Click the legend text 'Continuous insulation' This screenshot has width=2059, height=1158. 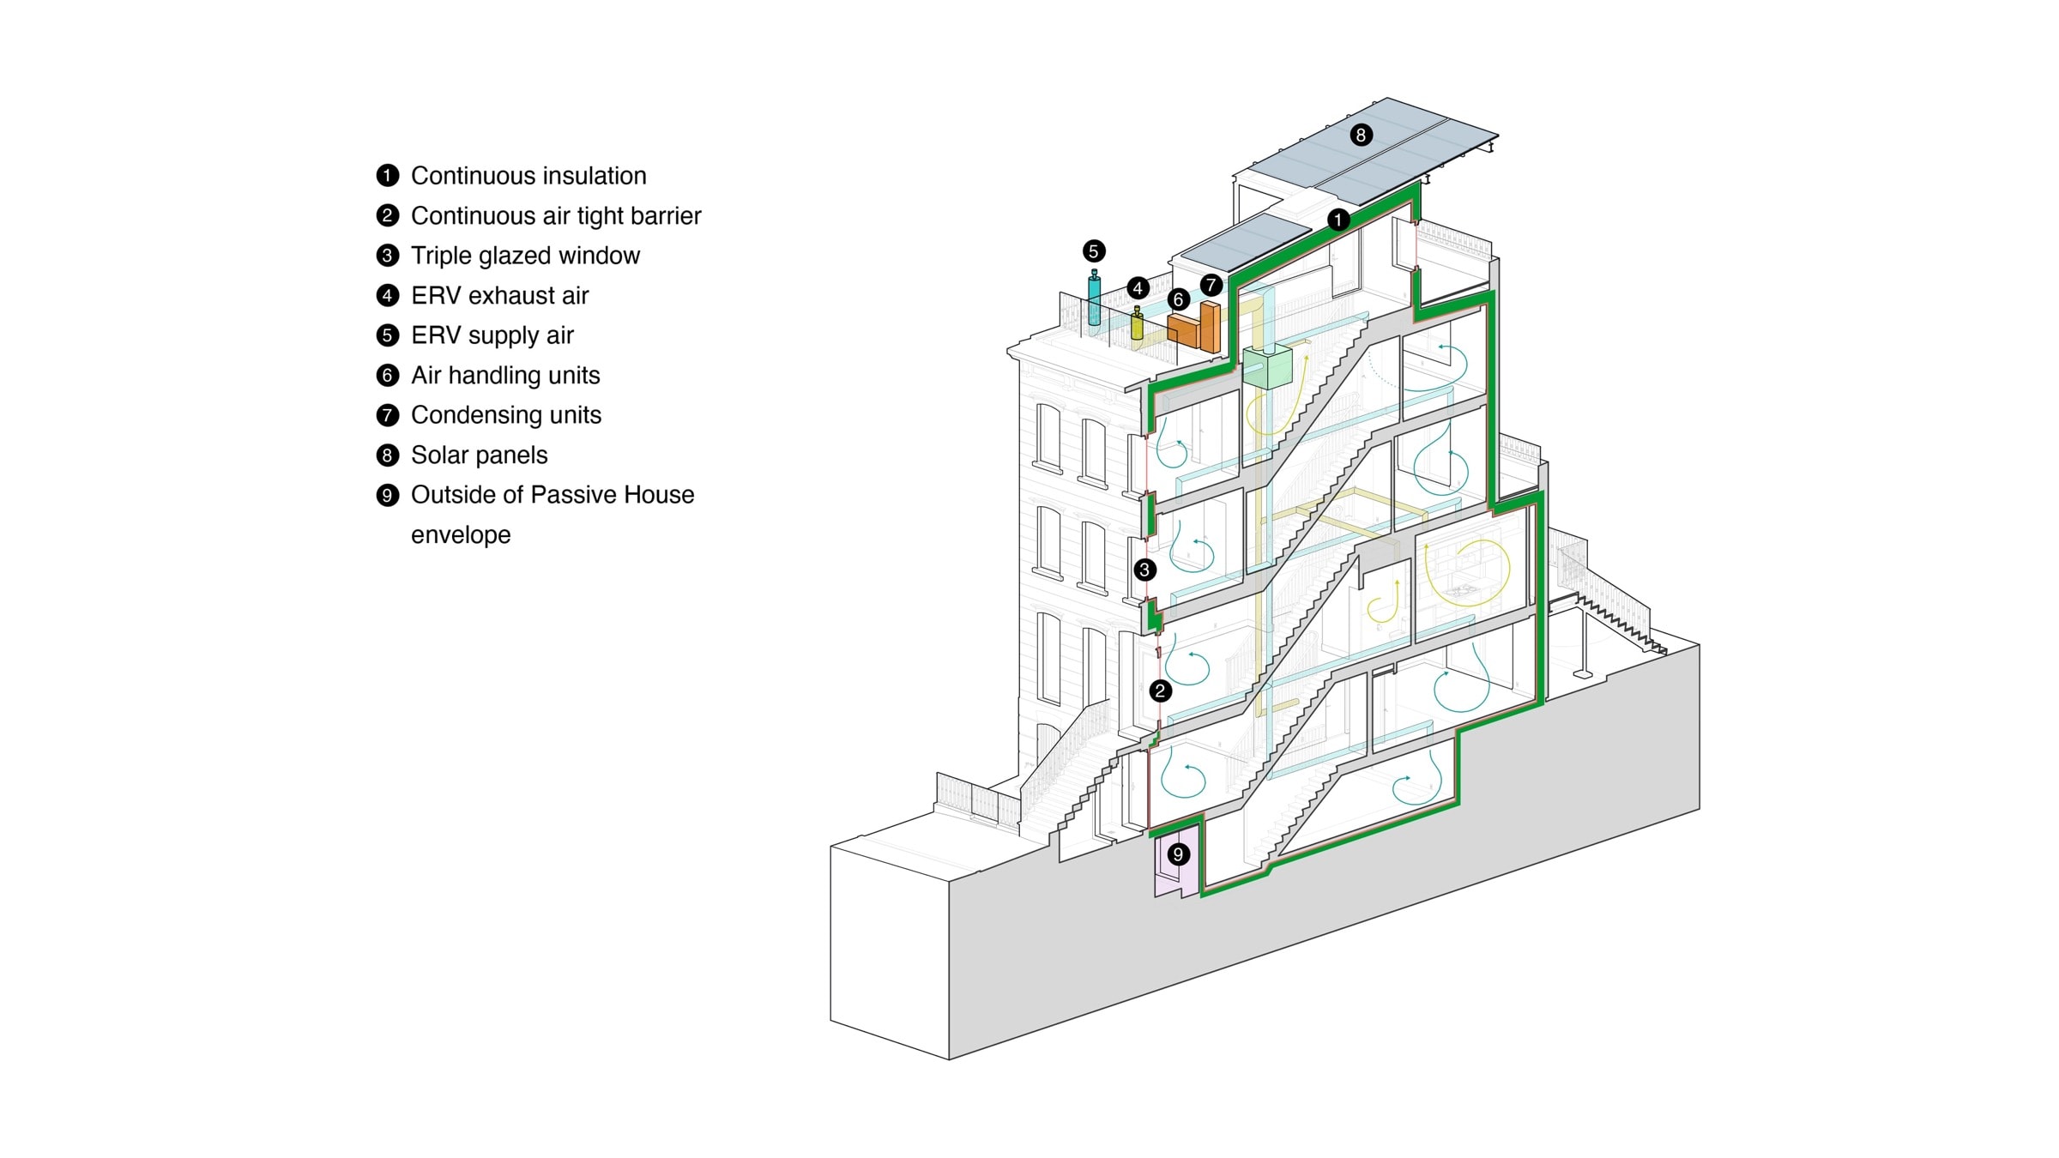[x=528, y=176]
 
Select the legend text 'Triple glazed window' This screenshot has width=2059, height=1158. [x=525, y=256]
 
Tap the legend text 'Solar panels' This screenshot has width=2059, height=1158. [x=479, y=455]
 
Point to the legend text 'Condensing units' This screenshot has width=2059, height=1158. [x=506, y=415]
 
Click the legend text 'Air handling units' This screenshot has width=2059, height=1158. [x=505, y=376]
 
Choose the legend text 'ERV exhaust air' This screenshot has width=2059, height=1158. [x=499, y=296]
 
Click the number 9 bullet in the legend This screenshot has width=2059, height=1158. [x=388, y=495]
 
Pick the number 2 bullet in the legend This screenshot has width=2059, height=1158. [x=388, y=215]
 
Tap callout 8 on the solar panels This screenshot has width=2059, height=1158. [x=1361, y=135]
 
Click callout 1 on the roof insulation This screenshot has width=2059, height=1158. [x=1337, y=220]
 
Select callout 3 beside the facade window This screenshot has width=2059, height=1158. [x=1144, y=570]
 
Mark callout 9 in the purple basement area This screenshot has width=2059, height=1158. [x=1178, y=854]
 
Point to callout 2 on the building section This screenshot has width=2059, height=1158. [x=1160, y=691]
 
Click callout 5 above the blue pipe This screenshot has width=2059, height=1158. [x=1093, y=251]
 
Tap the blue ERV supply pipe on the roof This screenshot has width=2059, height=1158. [x=1094, y=300]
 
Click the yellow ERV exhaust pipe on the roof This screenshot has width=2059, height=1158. [x=1138, y=326]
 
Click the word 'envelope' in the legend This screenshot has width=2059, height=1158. [x=461, y=535]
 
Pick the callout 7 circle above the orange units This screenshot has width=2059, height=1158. [x=1211, y=285]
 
